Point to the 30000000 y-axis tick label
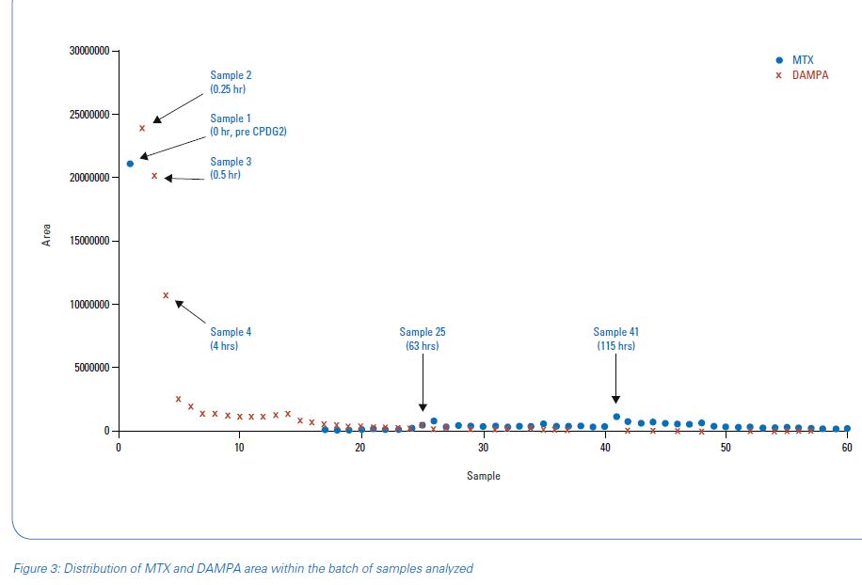[89, 50]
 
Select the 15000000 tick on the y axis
[89, 241]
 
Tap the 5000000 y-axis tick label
[92, 368]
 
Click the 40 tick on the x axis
[604, 448]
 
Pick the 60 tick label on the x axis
[847, 448]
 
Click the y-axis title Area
[47, 235]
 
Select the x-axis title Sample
[484, 476]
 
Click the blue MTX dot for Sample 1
[130, 164]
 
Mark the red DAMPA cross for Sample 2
[142, 128]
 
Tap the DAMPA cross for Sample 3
[154, 175]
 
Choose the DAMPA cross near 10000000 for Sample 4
[166, 295]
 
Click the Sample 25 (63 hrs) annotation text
[423, 339]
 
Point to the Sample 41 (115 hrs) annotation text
[616, 339]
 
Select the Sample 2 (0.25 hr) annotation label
[231, 81]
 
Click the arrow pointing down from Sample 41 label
[616, 381]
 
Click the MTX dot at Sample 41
[616, 417]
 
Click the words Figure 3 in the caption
[35, 568]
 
